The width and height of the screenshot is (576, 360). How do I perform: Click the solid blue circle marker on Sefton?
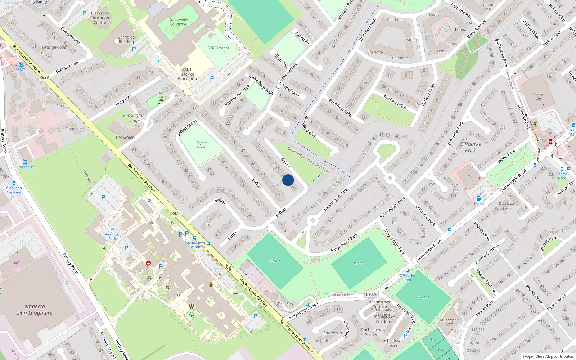click(x=288, y=180)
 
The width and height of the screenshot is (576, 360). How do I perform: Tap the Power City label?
click(x=539, y=96)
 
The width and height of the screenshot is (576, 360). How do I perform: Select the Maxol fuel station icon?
click(x=479, y=198)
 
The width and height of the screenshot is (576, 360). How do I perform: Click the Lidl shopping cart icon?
click(x=17, y=264)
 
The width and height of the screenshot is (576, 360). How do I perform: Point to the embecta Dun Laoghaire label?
click(x=35, y=309)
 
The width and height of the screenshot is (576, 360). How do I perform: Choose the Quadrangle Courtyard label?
click(x=178, y=22)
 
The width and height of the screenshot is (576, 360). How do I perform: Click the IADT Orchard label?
click(x=218, y=48)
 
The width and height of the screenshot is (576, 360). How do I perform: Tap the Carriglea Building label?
click(x=126, y=39)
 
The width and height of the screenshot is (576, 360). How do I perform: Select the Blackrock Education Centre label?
click(x=100, y=18)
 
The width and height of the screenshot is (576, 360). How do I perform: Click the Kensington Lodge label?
click(x=134, y=118)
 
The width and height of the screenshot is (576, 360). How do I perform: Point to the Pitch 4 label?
click(x=359, y=263)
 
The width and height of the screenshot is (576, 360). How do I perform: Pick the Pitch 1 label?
click(x=275, y=261)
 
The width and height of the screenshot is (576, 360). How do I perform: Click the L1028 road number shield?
click(x=372, y=294)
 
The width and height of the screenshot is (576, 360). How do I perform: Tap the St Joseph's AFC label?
click(x=450, y=322)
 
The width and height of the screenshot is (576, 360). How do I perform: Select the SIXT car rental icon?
click(x=21, y=65)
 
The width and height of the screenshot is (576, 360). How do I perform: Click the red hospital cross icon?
click(x=148, y=264)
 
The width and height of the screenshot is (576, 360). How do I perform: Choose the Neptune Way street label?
click(x=462, y=11)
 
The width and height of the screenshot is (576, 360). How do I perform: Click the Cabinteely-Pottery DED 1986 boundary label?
click(x=309, y=160)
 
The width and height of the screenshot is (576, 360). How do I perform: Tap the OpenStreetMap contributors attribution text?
click(x=548, y=356)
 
